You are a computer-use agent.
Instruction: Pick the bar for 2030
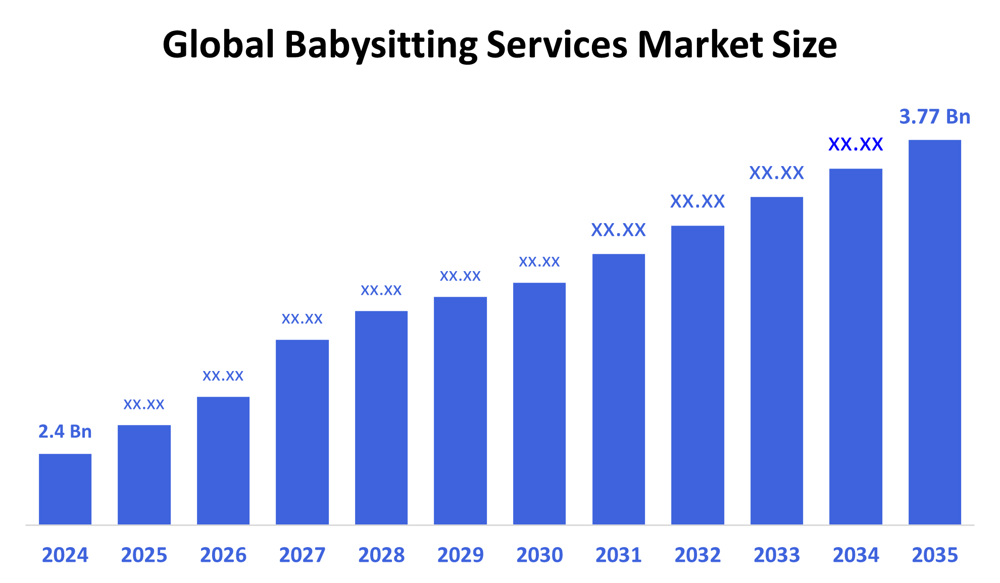(x=539, y=403)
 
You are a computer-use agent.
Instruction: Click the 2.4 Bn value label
(x=65, y=432)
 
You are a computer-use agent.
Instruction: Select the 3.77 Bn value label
(x=934, y=117)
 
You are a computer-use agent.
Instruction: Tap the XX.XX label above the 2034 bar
(x=856, y=145)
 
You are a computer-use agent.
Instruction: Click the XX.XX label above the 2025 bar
(x=144, y=404)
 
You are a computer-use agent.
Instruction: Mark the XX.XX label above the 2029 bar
(x=460, y=276)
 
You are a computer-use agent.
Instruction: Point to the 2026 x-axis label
(x=223, y=555)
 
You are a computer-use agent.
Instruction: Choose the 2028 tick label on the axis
(x=381, y=555)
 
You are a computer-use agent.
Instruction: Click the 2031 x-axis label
(x=618, y=555)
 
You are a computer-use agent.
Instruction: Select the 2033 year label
(x=777, y=555)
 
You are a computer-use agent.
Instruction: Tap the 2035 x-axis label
(x=934, y=555)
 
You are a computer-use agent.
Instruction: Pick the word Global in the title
(x=218, y=44)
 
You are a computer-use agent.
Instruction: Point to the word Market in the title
(x=699, y=44)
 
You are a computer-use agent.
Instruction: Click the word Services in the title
(x=557, y=44)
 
